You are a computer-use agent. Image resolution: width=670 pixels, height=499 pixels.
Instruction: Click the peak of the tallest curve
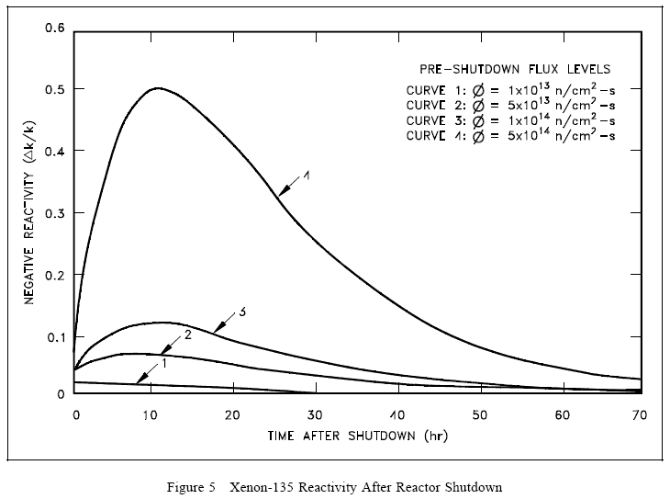coord(158,88)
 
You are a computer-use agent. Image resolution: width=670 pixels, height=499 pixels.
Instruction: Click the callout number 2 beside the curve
coord(187,335)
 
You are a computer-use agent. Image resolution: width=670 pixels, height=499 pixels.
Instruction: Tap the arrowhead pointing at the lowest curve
coord(138,380)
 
